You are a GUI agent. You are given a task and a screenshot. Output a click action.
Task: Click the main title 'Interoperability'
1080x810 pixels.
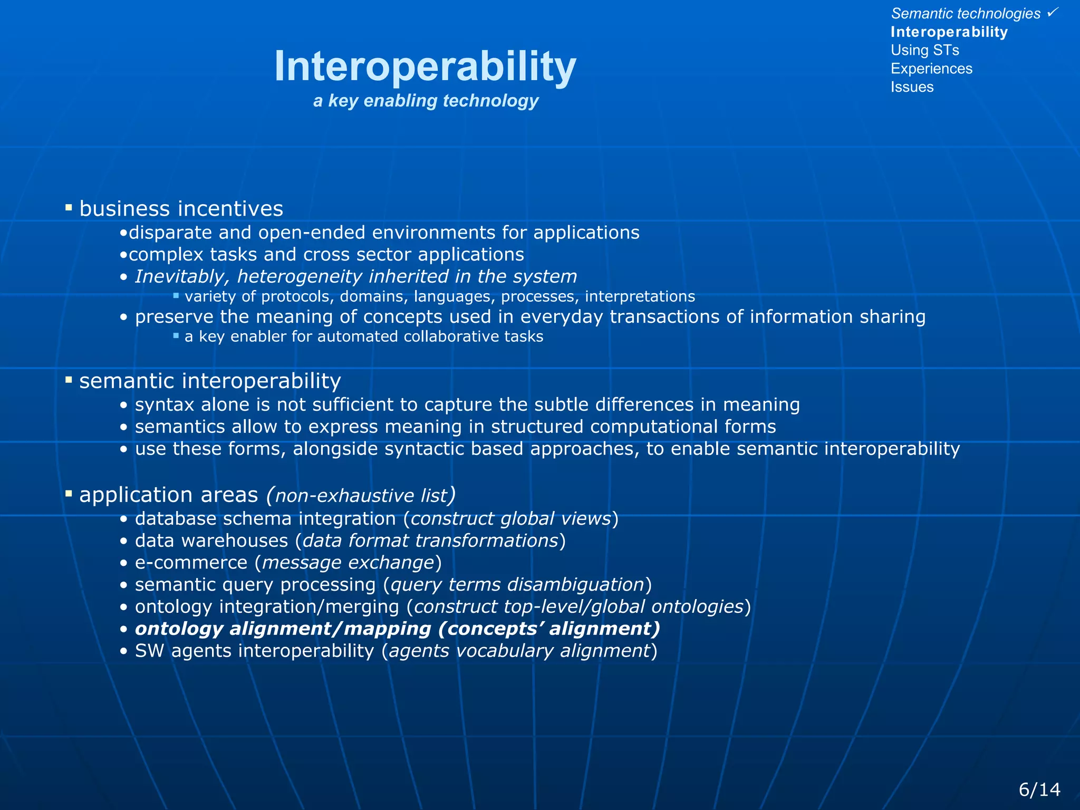[x=425, y=66]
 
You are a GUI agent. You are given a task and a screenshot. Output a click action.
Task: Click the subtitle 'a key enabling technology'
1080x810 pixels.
[x=426, y=100]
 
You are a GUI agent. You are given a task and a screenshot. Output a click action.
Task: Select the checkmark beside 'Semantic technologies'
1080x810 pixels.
[x=1052, y=12]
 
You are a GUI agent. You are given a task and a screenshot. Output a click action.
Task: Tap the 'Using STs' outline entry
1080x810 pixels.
[x=924, y=50]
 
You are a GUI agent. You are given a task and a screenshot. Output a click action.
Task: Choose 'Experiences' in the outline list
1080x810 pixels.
[x=931, y=69]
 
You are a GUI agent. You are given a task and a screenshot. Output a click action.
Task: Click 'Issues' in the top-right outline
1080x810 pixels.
[x=912, y=87]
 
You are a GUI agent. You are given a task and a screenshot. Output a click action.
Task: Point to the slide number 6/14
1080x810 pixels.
[x=1039, y=789]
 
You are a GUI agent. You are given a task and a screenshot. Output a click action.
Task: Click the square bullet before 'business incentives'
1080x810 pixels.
[x=69, y=208]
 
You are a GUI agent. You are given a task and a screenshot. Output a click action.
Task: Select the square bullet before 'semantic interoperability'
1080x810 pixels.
[x=69, y=380]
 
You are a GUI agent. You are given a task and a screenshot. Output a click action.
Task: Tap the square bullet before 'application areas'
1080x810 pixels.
[x=69, y=494]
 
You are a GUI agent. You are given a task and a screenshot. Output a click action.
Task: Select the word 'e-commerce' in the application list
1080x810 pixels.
[x=191, y=563]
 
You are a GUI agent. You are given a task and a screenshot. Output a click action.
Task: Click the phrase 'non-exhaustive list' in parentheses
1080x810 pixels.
[x=361, y=496]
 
